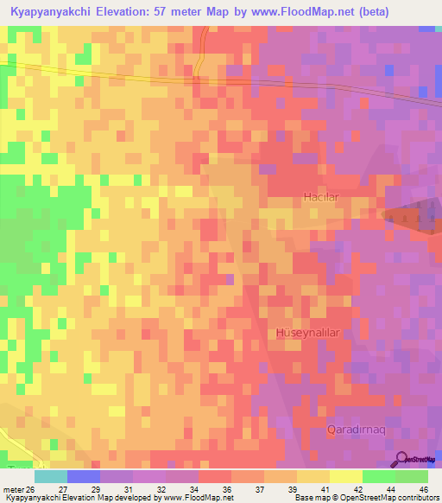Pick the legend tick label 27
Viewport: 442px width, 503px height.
[85, 489]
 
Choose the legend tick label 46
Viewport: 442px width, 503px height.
[425, 489]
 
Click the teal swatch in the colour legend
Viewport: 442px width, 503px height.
[51, 476]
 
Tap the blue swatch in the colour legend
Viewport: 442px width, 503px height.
[84, 476]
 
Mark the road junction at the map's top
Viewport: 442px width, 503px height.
[197, 79]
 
